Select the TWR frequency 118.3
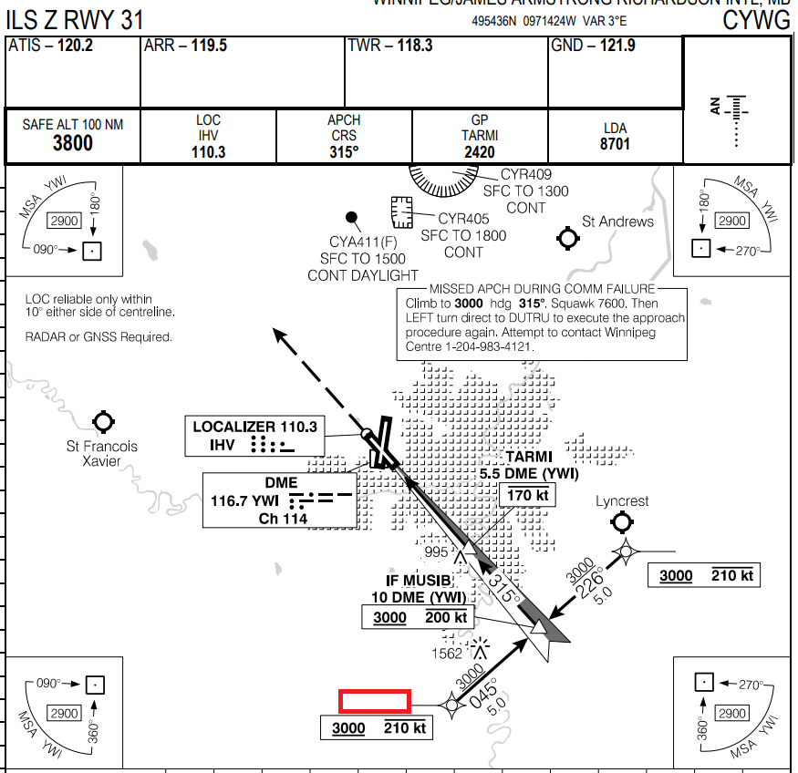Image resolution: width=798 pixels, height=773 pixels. (x=415, y=46)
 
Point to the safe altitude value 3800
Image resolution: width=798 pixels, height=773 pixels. (x=73, y=143)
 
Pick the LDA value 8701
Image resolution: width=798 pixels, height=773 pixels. (x=615, y=144)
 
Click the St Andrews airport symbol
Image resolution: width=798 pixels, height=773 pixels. (x=568, y=239)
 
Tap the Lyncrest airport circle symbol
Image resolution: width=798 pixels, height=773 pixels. (x=622, y=521)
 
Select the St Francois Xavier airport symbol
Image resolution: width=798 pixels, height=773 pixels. (x=103, y=422)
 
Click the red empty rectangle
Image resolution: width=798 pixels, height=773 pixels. (x=374, y=700)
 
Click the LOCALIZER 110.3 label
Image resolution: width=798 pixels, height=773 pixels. (x=254, y=426)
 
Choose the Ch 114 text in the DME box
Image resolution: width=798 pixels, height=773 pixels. (x=283, y=519)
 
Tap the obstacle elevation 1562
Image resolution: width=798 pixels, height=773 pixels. (x=446, y=654)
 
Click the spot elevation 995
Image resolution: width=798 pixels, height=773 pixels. (x=437, y=552)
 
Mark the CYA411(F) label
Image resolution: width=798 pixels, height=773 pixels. (x=363, y=242)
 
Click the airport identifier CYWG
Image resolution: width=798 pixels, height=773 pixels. (x=756, y=20)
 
